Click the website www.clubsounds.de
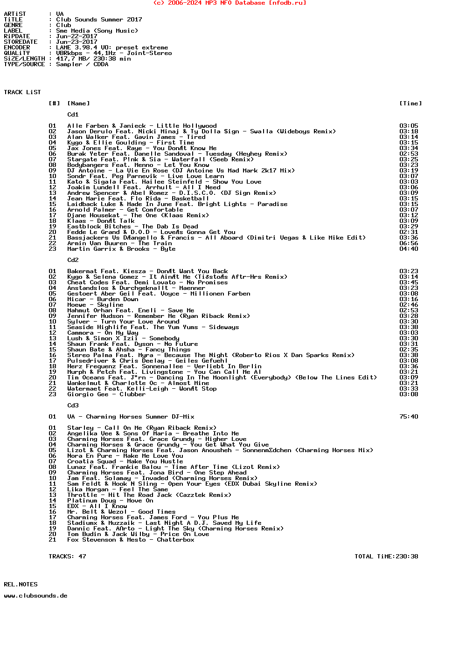(35, 596)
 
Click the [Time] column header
(410, 103)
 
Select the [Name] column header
(78, 103)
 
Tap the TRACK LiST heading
(22, 92)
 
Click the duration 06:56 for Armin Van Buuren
(409, 243)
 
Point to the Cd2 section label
(73, 260)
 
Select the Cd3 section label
(73, 406)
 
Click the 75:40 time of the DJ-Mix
(409, 417)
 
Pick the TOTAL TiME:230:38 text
(386, 557)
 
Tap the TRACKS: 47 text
(67, 557)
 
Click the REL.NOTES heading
(21, 584)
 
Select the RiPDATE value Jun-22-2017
(76, 36)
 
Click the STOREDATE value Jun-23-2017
(76, 42)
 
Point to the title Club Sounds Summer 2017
(99, 20)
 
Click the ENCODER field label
(17, 48)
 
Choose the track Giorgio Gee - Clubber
(106, 394)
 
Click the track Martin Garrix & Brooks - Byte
(121, 249)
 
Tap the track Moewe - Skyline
(95, 305)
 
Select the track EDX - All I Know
(97, 506)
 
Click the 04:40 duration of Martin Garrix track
(409, 249)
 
